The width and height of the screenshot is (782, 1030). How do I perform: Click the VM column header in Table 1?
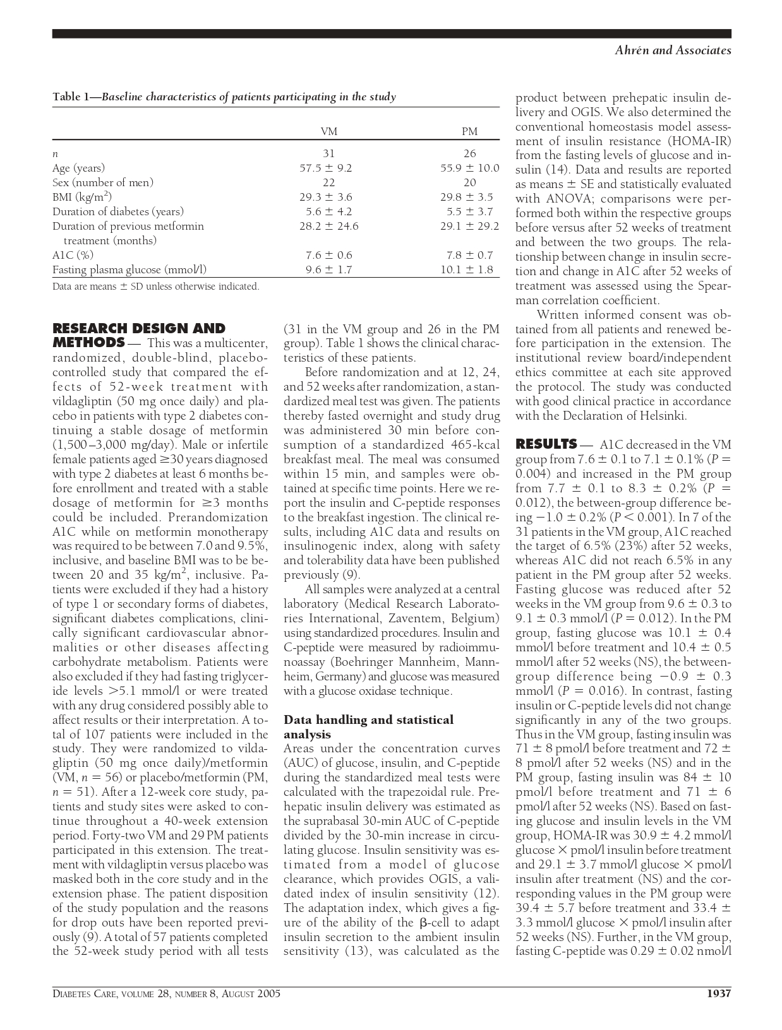point(328,131)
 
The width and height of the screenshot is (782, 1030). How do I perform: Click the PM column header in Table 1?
point(469,131)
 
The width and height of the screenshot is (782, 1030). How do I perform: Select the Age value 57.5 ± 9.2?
point(325,168)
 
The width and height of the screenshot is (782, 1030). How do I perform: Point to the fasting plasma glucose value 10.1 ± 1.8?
point(467,269)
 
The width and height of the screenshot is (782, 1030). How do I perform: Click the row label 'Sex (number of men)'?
point(103,182)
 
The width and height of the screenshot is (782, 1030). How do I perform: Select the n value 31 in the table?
point(328,153)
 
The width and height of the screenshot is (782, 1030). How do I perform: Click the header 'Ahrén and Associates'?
point(673,50)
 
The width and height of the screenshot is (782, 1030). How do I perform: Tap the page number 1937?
point(718,993)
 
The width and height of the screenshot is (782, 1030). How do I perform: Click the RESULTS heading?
point(546,444)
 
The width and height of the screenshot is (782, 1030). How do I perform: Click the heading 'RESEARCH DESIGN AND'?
point(139,328)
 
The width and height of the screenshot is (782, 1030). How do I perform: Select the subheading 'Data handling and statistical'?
point(369,719)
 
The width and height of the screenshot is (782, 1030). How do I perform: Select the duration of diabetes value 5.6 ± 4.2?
point(325,211)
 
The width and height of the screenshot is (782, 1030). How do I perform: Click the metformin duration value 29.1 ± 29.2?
point(469,226)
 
